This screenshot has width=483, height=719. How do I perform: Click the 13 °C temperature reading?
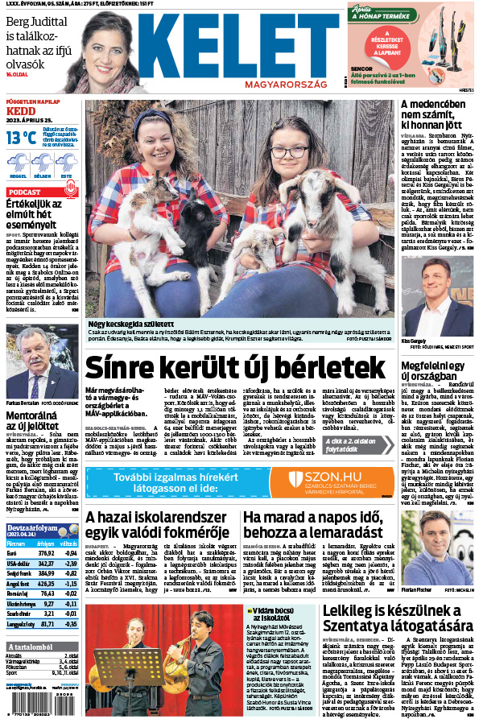click(x=21, y=138)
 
